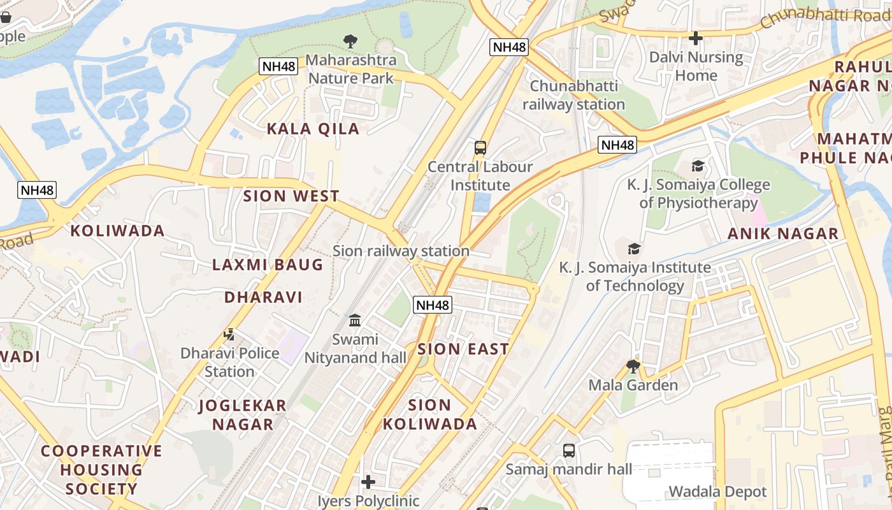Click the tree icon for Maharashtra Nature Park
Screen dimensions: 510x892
[350, 41]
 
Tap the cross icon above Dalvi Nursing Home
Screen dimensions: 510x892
[696, 38]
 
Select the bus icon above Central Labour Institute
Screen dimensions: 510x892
[480, 148]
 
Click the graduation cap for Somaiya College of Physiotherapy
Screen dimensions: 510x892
[698, 166]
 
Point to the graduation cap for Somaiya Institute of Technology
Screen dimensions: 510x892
[634, 249]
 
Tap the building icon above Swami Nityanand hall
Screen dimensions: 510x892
[355, 320]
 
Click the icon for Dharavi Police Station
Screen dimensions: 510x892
[229, 334]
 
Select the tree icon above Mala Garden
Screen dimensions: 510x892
[633, 366]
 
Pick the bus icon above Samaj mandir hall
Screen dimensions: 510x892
[569, 451]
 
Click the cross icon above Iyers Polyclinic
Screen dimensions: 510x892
[368, 482]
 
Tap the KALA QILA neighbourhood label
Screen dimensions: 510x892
[313, 129]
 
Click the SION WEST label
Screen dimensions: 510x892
[291, 196]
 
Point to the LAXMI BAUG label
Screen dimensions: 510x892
[268, 265]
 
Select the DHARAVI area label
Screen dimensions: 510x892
[263, 297]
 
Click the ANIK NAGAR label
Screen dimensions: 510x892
[783, 234]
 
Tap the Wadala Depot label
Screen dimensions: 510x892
[717, 492]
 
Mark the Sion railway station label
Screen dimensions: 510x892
[401, 251]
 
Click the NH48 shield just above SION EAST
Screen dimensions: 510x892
[433, 305]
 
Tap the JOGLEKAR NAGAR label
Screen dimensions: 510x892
[243, 414]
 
